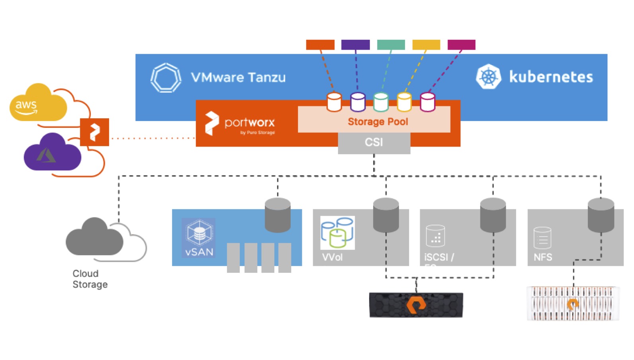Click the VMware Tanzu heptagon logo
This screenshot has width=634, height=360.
pyautogui.click(x=166, y=78)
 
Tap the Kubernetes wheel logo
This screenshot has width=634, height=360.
pyautogui.click(x=488, y=76)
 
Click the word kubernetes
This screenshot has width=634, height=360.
pyautogui.click(x=551, y=77)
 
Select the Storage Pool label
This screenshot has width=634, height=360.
pyautogui.click(x=378, y=121)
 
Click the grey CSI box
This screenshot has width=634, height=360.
pyautogui.click(x=374, y=143)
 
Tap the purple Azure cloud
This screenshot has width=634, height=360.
pyautogui.click(x=52, y=154)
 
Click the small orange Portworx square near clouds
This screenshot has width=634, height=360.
pyautogui.click(x=94, y=132)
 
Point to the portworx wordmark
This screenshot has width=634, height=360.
pyautogui.click(x=249, y=122)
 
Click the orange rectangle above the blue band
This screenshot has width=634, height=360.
pyautogui.click(x=320, y=45)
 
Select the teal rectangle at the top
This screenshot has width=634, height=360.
pyautogui.click(x=391, y=45)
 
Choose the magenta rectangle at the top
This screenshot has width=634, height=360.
pyautogui.click(x=461, y=45)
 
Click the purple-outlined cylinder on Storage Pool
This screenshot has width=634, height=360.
pyautogui.click(x=358, y=102)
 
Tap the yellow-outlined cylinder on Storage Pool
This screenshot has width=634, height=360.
pyautogui.click(x=404, y=102)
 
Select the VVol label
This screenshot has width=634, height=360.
pyautogui.click(x=332, y=257)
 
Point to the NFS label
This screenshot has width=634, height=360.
pyautogui.click(x=543, y=257)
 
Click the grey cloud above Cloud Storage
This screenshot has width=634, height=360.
pyautogui.click(x=95, y=238)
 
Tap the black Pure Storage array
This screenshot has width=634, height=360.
pyautogui.click(x=416, y=305)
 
